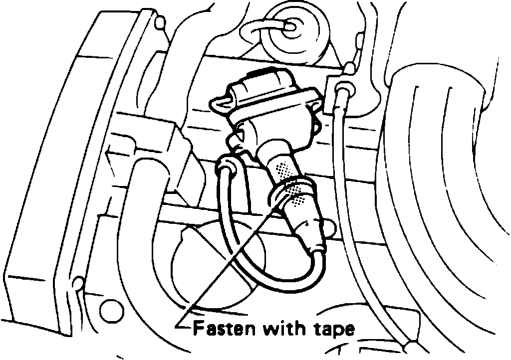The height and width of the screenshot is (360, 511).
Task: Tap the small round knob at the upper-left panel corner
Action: (159, 22)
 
